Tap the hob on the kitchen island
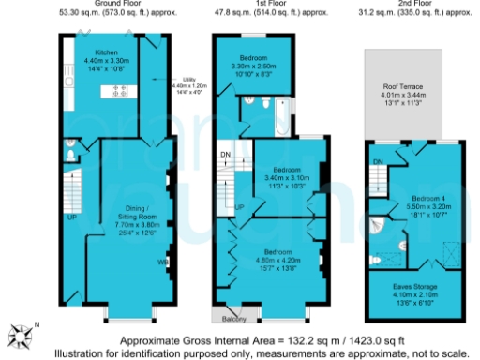coord(120,91)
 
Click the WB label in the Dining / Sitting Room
coord(162,262)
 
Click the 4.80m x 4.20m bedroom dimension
coord(272,262)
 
